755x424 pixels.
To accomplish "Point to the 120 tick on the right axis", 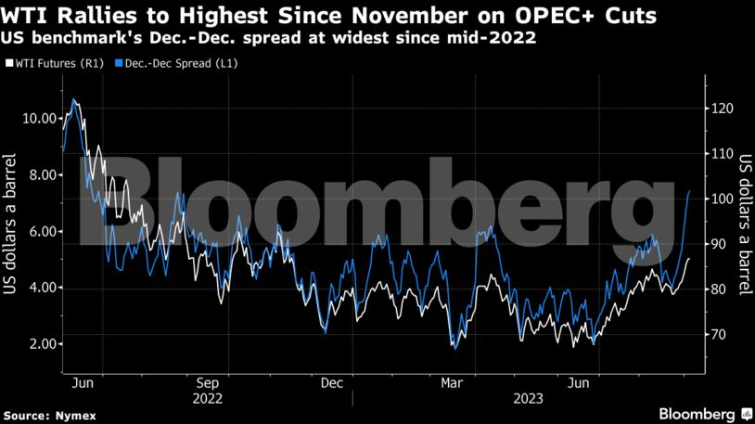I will tap(720, 109).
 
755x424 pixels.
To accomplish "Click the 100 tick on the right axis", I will tap(720, 199).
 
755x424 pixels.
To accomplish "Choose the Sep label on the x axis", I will tap(207, 382).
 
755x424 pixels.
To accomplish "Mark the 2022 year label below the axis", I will tap(207, 398).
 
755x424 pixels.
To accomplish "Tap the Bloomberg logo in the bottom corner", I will tap(697, 412).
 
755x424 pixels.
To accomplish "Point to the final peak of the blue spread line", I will tap(689, 191).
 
